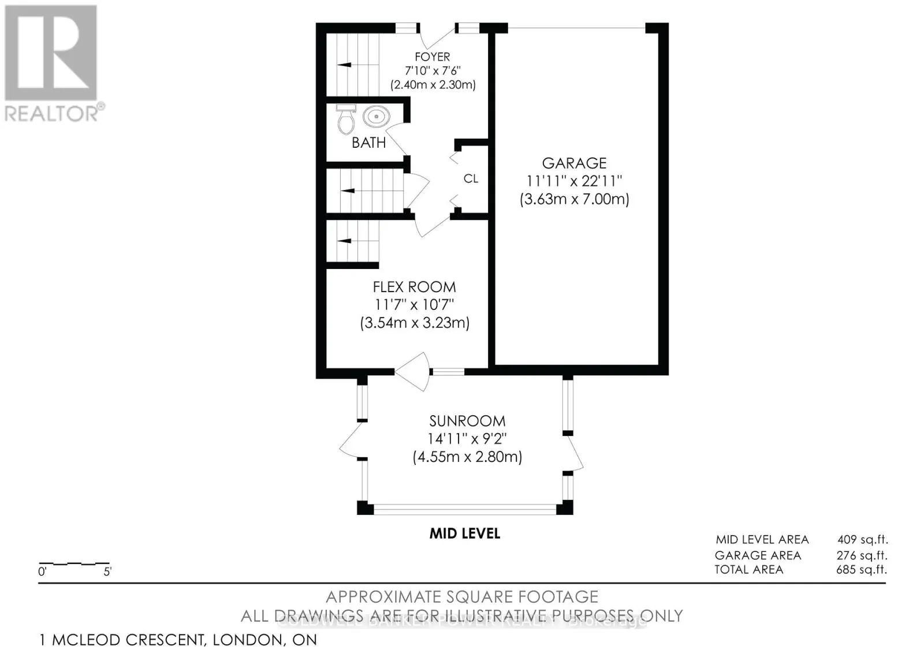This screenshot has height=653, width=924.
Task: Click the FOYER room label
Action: pos(432,57)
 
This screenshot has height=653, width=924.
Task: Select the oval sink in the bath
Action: pos(376,117)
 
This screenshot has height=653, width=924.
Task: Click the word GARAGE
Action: pos(574,163)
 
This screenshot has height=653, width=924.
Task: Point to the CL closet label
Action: pos(471,179)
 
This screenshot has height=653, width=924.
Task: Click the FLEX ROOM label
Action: pos(414,287)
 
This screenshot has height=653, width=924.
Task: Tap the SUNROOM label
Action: pos(467,421)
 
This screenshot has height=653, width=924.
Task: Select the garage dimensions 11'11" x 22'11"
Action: pos(574,181)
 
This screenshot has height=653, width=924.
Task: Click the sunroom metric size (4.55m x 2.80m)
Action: pos(467,457)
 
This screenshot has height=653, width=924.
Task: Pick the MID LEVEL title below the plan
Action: pos(464,533)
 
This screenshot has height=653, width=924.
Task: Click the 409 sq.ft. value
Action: pos(862,540)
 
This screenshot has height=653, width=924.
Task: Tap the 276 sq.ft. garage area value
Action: pos(862,555)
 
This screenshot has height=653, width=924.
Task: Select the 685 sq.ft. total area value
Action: pos(862,570)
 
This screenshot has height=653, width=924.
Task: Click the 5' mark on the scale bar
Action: pos(107,572)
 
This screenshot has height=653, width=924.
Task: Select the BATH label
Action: pos(368,143)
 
